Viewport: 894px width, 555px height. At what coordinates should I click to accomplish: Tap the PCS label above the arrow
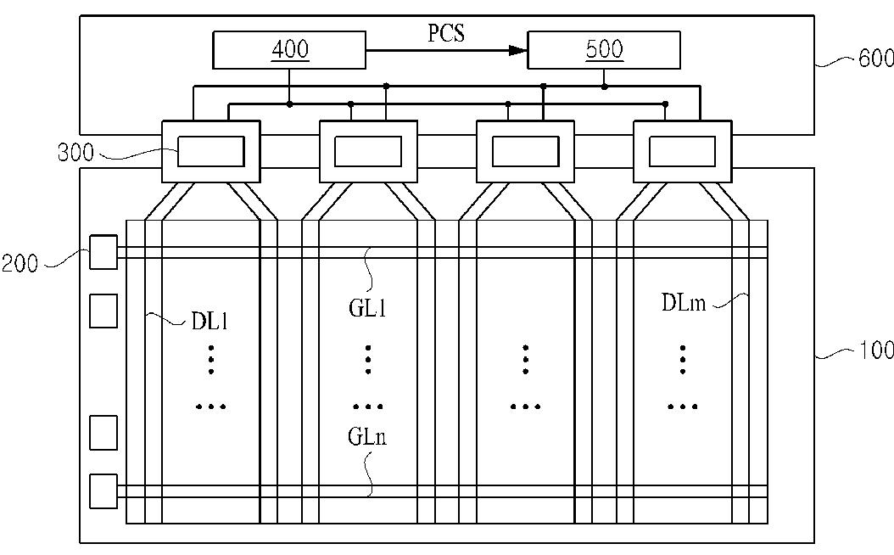(x=446, y=33)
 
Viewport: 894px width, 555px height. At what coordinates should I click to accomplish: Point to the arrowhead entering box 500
(x=518, y=50)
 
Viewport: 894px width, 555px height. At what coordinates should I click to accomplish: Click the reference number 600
(x=875, y=59)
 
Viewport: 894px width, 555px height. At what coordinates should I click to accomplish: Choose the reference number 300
(x=75, y=152)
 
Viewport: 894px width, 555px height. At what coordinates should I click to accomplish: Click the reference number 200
(x=20, y=264)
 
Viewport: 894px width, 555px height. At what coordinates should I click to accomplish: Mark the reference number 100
(x=876, y=350)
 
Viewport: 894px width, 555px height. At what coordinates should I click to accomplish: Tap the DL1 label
(x=210, y=322)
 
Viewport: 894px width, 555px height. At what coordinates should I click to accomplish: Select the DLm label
(x=684, y=302)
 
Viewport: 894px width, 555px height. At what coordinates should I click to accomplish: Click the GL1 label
(x=367, y=309)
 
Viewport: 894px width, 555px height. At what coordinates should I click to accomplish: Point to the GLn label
(x=367, y=437)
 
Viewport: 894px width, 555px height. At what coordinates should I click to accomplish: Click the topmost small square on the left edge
(x=103, y=252)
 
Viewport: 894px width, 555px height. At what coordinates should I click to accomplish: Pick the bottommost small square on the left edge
(x=103, y=491)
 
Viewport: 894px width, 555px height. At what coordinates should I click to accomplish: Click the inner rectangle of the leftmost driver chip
(x=211, y=152)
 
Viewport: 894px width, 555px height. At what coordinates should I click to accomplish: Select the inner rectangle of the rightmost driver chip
(x=683, y=152)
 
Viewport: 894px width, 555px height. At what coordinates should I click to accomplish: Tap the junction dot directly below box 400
(x=289, y=104)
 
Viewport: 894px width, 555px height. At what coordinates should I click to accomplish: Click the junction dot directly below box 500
(x=605, y=87)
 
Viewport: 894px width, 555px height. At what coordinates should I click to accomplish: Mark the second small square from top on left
(x=103, y=311)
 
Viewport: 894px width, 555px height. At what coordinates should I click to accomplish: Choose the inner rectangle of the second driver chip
(x=368, y=152)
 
